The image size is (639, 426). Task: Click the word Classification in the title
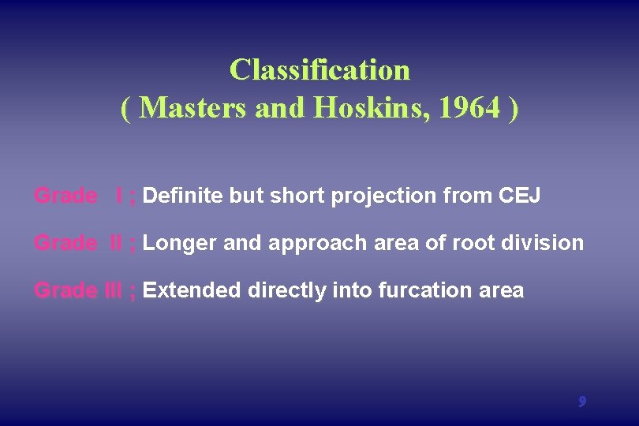click(319, 70)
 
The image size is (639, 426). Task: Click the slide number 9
click(581, 402)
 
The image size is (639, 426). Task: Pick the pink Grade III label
click(78, 290)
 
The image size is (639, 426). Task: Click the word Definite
click(184, 196)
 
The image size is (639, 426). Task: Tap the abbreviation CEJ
click(521, 196)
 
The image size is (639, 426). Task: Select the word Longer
click(181, 244)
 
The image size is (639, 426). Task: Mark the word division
click(546, 243)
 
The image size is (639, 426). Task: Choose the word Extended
click(192, 290)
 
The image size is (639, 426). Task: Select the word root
click(471, 243)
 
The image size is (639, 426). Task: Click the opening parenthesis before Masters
click(126, 109)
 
